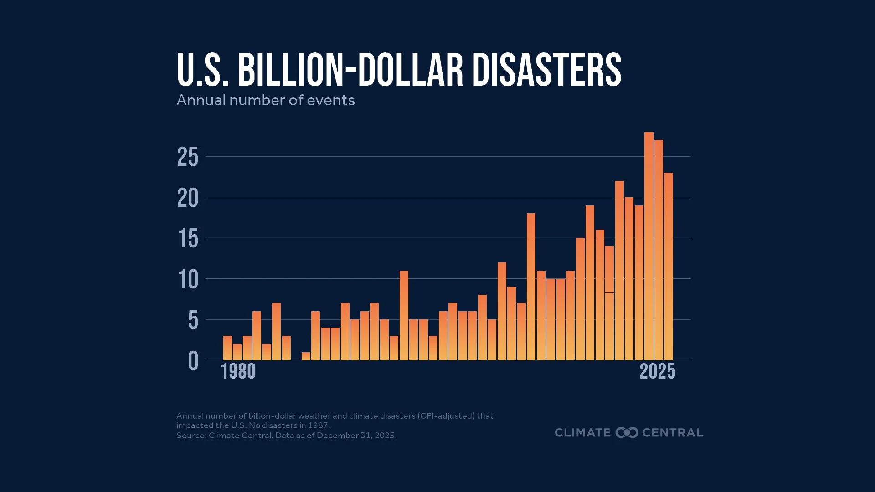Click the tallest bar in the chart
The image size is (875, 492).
(649, 246)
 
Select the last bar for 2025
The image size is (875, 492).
(668, 266)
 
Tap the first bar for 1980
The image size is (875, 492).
(227, 348)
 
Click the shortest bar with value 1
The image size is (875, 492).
(306, 356)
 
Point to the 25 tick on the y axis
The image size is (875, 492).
(188, 157)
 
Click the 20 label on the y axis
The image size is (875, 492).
(188, 198)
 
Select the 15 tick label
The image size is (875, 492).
(188, 239)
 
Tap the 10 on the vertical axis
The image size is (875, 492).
(188, 279)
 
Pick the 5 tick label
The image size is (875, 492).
(193, 320)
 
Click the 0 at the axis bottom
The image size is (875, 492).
(193, 361)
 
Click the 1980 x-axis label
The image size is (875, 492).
(238, 372)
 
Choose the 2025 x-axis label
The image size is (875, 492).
(657, 372)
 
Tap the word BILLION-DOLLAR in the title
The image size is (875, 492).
(350, 70)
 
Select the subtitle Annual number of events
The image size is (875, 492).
(265, 100)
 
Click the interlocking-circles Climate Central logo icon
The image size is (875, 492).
(627, 432)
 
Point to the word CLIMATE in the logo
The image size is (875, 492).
(582, 432)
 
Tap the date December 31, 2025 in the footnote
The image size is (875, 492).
(355, 436)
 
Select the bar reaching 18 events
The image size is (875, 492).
(531, 287)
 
